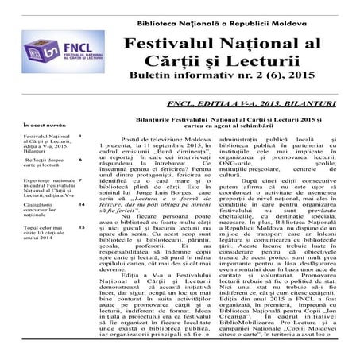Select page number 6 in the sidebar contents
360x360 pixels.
[x=80, y=159]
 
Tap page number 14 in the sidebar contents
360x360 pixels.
[x=81, y=205]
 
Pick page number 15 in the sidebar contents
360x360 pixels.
[x=81, y=228]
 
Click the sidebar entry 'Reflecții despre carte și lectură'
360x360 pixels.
[x=36, y=164]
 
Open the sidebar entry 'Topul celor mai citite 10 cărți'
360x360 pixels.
[x=36, y=233]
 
